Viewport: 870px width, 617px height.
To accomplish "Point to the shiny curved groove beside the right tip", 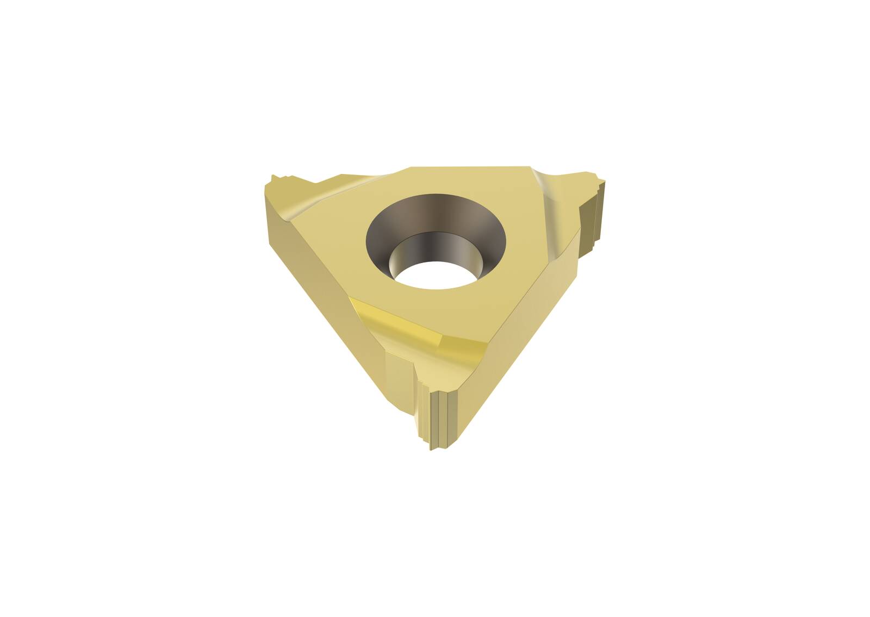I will (x=549, y=201).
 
